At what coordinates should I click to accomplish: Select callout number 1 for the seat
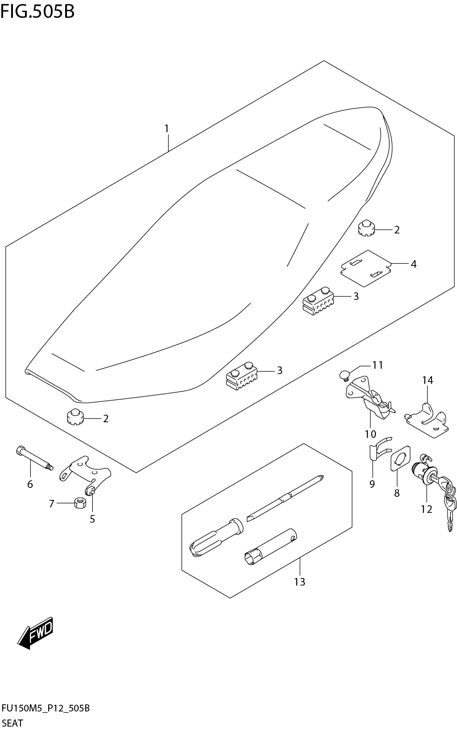point(166,129)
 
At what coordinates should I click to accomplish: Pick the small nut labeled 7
point(80,503)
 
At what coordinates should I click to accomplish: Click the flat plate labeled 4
point(365,268)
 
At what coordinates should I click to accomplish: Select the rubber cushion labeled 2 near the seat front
point(73,417)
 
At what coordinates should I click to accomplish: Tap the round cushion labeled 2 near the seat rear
point(366,228)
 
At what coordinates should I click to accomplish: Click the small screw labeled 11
point(344,375)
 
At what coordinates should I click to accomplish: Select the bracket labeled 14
point(427,420)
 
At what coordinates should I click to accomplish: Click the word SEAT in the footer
point(12,723)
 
